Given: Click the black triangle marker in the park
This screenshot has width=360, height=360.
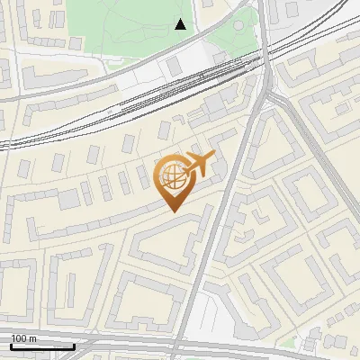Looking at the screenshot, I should coord(181,24).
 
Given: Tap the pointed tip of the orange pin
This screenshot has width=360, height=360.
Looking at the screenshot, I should coord(173,211).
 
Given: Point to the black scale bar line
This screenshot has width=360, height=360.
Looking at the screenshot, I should coord(42,346).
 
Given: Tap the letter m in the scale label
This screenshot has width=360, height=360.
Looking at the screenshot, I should coord(33,339).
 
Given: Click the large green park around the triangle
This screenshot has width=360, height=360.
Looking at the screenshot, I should coord(126,27).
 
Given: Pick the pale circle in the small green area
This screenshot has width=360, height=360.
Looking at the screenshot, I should coord(238,25).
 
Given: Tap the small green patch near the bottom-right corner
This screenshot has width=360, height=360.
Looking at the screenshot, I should coord(288,343).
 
